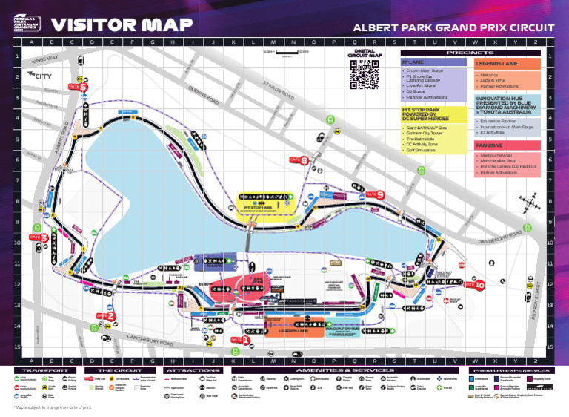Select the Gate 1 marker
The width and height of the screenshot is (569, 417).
point(242,339)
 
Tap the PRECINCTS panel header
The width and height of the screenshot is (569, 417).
point(470,53)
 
